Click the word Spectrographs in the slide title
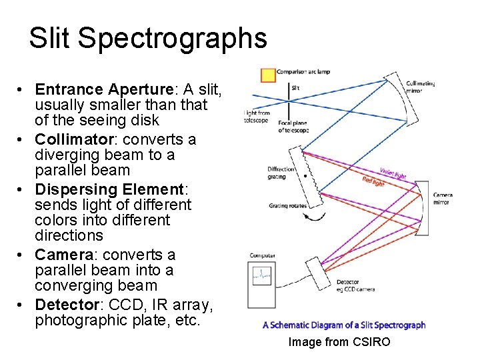pos(172,38)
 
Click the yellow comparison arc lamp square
pos(268,75)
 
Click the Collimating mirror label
pos(421,87)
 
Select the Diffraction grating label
pos(281,173)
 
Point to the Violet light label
pos(393,173)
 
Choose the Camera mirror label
pos(442,199)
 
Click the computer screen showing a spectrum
pos(262,275)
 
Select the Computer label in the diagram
pos(263,255)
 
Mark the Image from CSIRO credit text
pos(339,342)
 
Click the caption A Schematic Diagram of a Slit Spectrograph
pos(344,325)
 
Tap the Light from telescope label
pos(257,117)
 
